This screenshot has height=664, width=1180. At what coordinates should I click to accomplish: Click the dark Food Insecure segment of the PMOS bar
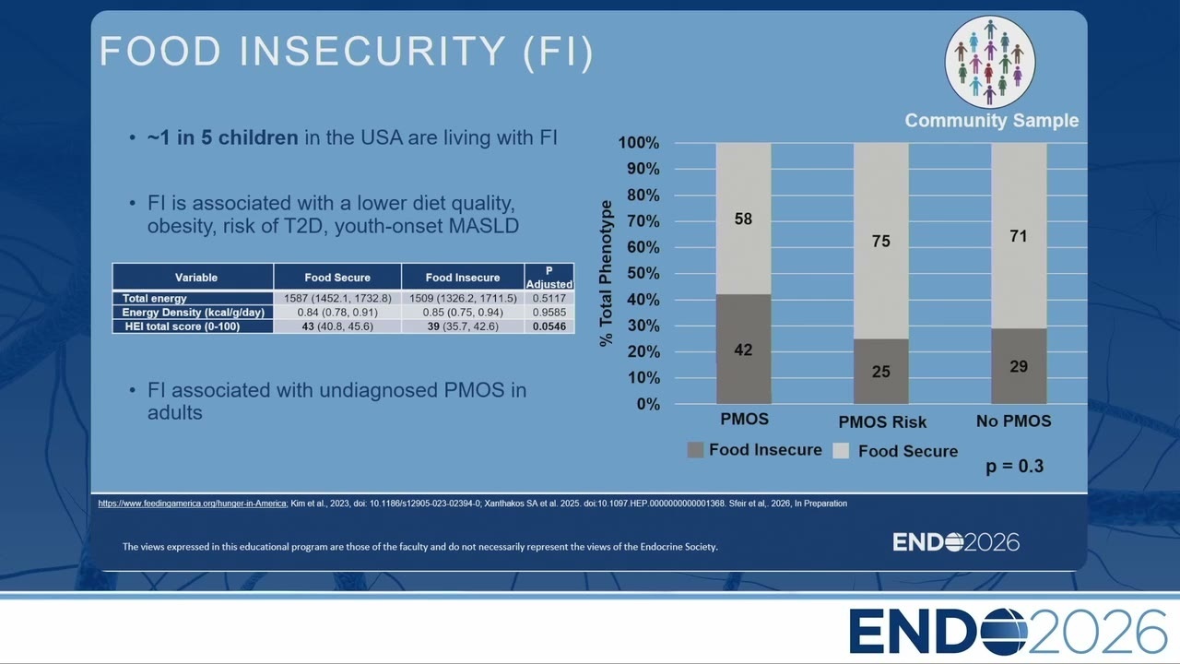tap(743, 349)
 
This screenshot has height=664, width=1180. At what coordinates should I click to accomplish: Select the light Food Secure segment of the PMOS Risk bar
tap(880, 241)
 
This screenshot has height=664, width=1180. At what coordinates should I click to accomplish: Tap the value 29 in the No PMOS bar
tap(1019, 366)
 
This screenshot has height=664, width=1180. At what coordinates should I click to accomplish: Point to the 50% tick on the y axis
tap(643, 273)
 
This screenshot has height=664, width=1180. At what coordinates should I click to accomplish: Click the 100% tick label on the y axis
tap(639, 142)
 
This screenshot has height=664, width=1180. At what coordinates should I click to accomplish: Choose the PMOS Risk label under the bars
tap(882, 421)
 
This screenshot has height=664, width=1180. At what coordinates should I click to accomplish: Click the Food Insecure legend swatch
tap(695, 450)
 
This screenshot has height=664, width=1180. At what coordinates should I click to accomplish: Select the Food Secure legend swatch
tap(841, 451)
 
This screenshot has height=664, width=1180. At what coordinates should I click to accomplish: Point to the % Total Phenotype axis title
tap(606, 273)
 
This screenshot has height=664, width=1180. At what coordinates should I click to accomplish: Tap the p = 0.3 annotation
tap(1015, 467)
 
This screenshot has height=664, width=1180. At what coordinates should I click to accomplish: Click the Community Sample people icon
tap(990, 62)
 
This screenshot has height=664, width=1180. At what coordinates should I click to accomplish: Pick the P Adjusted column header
tap(549, 278)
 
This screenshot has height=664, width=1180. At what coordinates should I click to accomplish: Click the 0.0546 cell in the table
tap(549, 326)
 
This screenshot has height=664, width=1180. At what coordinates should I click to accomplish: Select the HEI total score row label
tap(183, 326)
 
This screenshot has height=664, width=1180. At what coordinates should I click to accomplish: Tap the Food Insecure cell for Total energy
tap(463, 298)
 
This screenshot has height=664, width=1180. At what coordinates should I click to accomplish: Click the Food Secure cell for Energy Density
tap(337, 312)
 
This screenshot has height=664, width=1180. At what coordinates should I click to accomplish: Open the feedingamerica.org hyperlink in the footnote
tap(193, 504)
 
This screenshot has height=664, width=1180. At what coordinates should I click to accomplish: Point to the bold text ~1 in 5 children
tap(223, 137)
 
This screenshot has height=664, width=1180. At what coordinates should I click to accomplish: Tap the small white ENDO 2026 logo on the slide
tap(956, 542)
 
